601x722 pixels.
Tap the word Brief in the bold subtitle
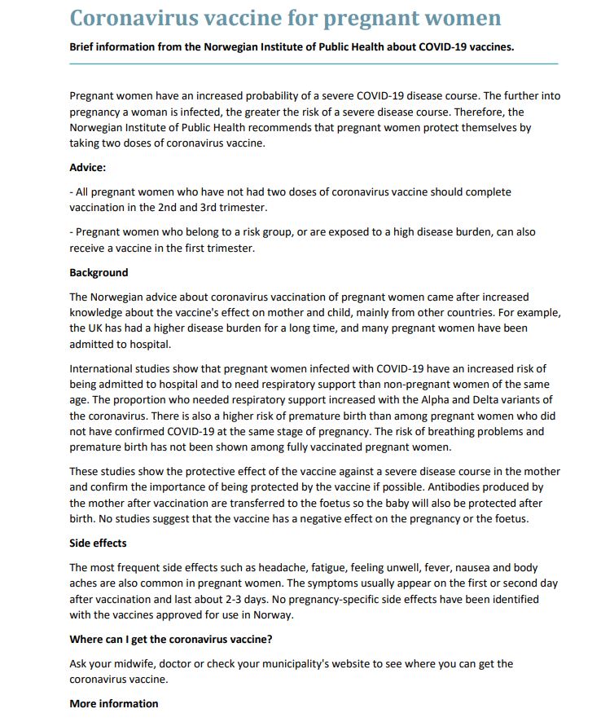click(x=83, y=46)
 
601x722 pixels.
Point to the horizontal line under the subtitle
click(x=314, y=64)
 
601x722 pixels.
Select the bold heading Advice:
click(x=88, y=168)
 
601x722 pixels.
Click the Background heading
click(x=99, y=273)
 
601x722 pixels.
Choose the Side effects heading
click(x=98, y=543)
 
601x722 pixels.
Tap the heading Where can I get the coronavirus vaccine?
click(x=170, y=639)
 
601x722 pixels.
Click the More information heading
click(x=114, y=703)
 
